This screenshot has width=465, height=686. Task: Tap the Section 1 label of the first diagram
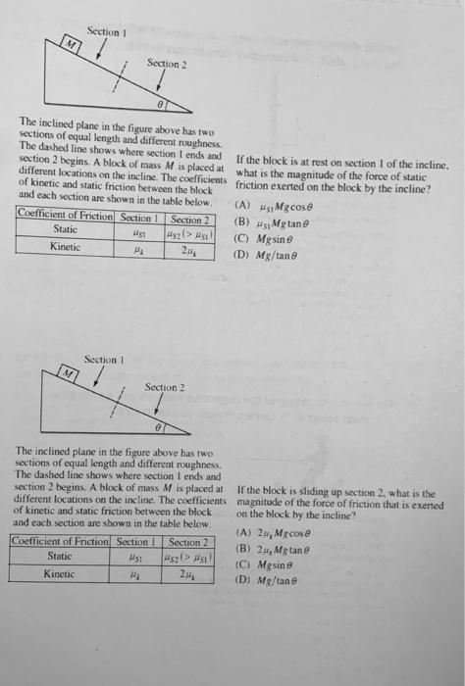tap(103, 31)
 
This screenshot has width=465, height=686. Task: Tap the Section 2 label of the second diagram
tap(163, 387)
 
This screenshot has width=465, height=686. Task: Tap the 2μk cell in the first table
tap(186, 247)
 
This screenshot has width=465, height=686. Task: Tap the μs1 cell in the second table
tap(134, 558)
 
